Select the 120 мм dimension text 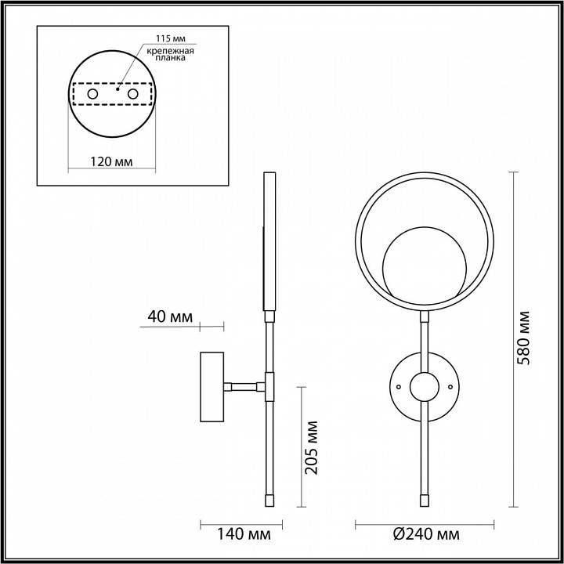coord(111,161)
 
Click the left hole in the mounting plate coord(92,94)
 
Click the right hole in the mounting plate coord(133,94)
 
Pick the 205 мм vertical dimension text coord(312,446)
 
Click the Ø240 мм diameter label coord(426,535)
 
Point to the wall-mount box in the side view coord(213,387)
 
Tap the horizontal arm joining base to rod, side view coord(244,385)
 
